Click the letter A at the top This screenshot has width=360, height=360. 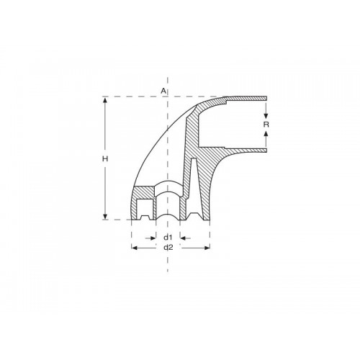(x=163, y=91)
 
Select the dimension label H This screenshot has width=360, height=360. (x=105, y=158)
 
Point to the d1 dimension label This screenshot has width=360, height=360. (x=167, y=236)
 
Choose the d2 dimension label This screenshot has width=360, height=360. (x=168, y=247)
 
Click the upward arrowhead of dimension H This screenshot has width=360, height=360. (x=105, y=102)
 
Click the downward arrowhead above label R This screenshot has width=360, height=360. (x=266, y=115)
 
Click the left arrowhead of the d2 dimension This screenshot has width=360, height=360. (x=135, y=247)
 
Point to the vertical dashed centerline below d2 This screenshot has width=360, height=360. (x=167, y=263)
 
